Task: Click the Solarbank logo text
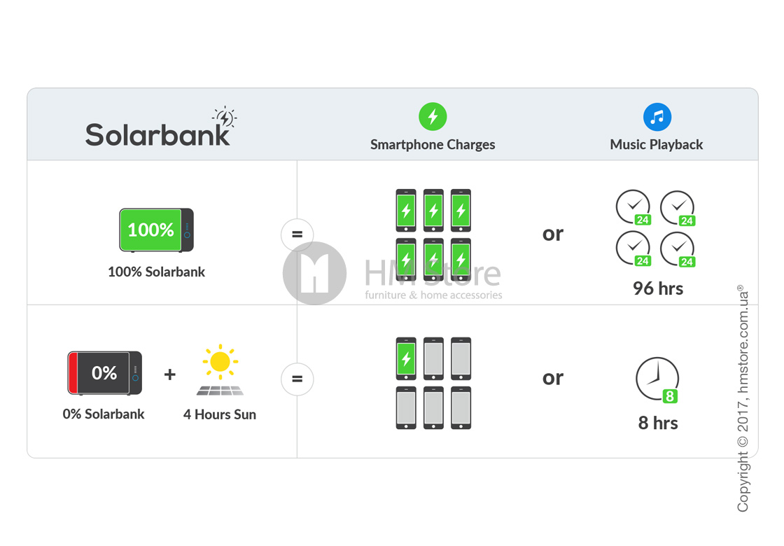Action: (157, 134)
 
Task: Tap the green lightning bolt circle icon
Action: (433, 116)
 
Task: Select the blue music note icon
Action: (657, 116)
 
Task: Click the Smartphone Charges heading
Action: (433, 145)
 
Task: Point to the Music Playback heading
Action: (657, 145)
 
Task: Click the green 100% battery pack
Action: (156, 230)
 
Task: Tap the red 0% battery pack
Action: (104, 373)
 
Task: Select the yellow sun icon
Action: (220, 361)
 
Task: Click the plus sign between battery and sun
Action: (170, 374)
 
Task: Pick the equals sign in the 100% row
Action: (297, 234)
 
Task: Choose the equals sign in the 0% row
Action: (297, 379)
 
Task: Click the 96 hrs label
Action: (658, 288)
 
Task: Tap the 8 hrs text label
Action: (658, 423)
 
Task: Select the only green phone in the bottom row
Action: (406, 358)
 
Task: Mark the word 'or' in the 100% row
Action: (553, 234)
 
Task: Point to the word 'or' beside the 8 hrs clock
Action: (553, 378)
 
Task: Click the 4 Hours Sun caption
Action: (220, 414)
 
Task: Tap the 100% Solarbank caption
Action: (156, 272)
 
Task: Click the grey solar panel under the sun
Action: (220, 389)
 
